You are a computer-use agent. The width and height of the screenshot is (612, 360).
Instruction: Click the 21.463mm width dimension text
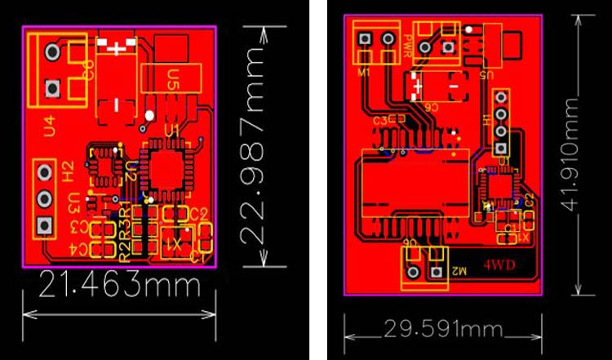click(120, 287)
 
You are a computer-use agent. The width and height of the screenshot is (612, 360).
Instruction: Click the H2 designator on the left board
click(70, 171)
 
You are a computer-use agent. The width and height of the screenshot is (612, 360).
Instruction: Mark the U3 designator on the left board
click(74, 202)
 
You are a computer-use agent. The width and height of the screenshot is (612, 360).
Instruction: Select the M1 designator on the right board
click(364, 71)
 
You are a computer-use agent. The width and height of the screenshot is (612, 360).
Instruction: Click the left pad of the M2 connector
click(413, 272)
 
